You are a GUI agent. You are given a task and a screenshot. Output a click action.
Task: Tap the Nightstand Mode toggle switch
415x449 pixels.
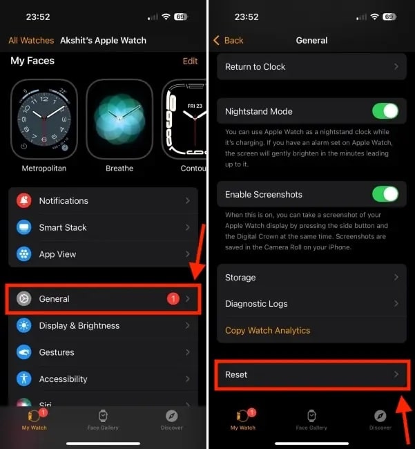click(385, 111)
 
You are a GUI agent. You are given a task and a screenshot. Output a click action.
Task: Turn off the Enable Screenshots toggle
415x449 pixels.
click(385, 194)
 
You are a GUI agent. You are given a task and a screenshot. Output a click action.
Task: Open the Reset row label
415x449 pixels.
click(236, 374)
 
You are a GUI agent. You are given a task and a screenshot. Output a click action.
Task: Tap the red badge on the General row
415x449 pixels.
click(173, 298)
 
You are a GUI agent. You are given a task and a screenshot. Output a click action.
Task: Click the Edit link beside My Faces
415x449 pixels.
click(191, 61)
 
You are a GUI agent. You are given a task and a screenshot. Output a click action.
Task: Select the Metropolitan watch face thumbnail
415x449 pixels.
click(44, 119)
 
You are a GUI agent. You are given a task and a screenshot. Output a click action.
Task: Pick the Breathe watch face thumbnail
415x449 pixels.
click(119, 119)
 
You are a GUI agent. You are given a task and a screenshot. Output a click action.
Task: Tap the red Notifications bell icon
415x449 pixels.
click(24, 200)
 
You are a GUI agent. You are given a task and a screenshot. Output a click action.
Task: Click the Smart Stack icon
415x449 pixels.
click(24, 227)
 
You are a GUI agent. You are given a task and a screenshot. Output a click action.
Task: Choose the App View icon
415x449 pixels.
click(24, 254)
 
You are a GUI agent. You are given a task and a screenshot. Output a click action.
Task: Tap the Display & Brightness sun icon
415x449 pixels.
click(24, 325)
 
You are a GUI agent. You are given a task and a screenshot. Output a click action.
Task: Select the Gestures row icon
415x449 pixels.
click(24, 352)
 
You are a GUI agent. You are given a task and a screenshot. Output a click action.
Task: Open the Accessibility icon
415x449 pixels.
click(24, 379)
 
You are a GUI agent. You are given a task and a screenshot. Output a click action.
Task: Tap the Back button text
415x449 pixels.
click(234, 40)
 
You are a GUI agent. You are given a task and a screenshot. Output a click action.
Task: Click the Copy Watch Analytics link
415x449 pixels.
click(268, 330)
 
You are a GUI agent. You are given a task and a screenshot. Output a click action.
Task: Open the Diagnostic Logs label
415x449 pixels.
click(256, 303)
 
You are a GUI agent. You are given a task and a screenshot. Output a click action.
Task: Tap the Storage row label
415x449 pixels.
click(240, 277)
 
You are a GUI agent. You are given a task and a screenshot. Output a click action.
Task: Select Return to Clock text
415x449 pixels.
click(255, 67)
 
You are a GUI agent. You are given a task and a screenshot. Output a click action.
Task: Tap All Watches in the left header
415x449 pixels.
click(31, 40)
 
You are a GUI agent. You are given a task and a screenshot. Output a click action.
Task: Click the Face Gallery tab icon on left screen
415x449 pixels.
click(103, 416)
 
